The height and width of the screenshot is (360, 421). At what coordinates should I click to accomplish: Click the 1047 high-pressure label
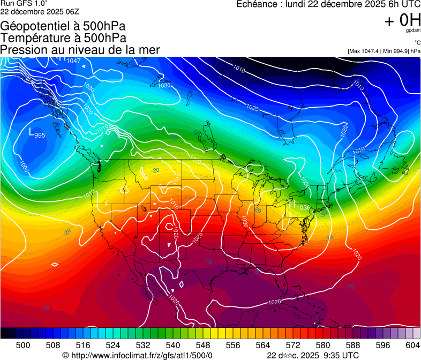click(73, 61)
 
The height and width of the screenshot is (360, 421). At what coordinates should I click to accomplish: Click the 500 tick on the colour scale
click(22, 346)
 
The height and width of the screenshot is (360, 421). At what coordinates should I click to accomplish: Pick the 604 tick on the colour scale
click(412, 346)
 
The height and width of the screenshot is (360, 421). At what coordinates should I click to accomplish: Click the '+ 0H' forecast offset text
click(402, 20)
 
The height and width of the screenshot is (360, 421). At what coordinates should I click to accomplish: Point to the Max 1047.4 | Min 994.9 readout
click(384, 51)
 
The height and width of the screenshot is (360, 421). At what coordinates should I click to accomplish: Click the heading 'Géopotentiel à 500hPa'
click(63, 26)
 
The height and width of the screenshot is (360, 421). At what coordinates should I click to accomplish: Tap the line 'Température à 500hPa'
click(64, 38)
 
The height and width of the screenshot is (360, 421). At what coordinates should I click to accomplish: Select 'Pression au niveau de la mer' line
click(80, 50)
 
